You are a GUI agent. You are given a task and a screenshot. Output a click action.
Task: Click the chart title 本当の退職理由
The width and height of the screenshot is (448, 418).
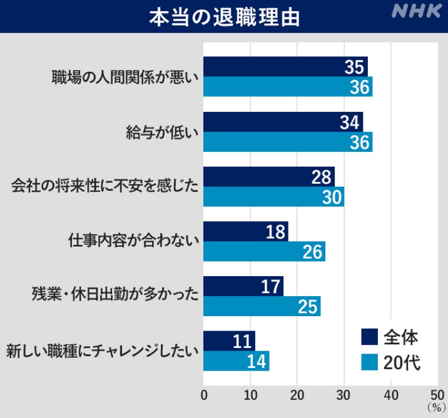(224, 17)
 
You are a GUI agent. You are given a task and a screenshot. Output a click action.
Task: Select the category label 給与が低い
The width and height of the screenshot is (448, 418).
(162, 132)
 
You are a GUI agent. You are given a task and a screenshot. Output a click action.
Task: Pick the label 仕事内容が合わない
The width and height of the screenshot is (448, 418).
(133, 241)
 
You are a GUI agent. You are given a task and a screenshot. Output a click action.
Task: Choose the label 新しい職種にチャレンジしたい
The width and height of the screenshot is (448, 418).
(102, 350)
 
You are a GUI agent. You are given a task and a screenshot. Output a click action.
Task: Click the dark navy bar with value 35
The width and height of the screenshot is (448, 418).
(285, 67)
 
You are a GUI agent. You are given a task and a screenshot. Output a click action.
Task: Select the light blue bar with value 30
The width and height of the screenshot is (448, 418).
(273, 197)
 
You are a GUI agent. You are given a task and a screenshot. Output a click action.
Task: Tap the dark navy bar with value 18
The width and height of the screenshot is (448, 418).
(246, 231)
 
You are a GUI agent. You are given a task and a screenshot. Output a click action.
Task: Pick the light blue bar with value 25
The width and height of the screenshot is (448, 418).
(262, 306)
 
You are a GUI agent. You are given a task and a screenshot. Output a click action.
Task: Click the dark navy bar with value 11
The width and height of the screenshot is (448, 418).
(230, 341)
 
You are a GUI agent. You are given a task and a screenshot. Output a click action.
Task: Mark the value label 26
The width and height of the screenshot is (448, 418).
(312, 252)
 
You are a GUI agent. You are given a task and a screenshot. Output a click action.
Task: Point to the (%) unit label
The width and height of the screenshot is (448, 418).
(436, 407)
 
